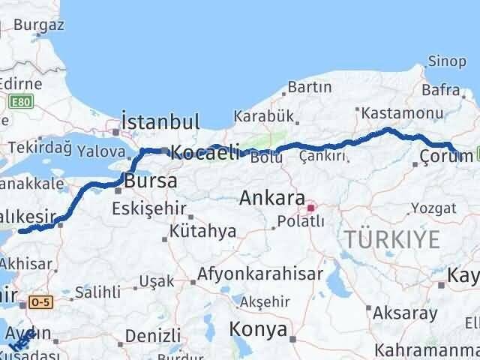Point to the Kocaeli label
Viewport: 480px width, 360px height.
(205, 152)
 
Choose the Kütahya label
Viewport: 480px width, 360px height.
(202, 232)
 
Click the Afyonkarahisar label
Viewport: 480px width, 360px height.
(260, 274)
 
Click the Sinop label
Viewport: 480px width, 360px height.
(446, 61)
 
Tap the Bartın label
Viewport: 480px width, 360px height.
(309, 88)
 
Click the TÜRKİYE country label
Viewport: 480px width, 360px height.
(391, 240)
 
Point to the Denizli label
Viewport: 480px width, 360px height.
(153, 334)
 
